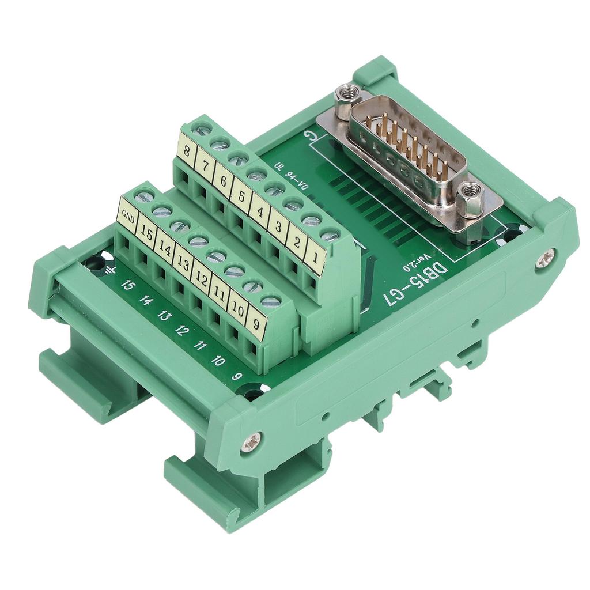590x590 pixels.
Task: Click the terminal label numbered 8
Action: pyautogui.click(x=186, y=152)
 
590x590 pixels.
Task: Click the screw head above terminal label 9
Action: pyautogui.click(x=270, y=300)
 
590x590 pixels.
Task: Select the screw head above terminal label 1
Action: pyautogui.click(x=330, y=236)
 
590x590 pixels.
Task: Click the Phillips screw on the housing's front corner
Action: pyautogui.click(x=251, y=442)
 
